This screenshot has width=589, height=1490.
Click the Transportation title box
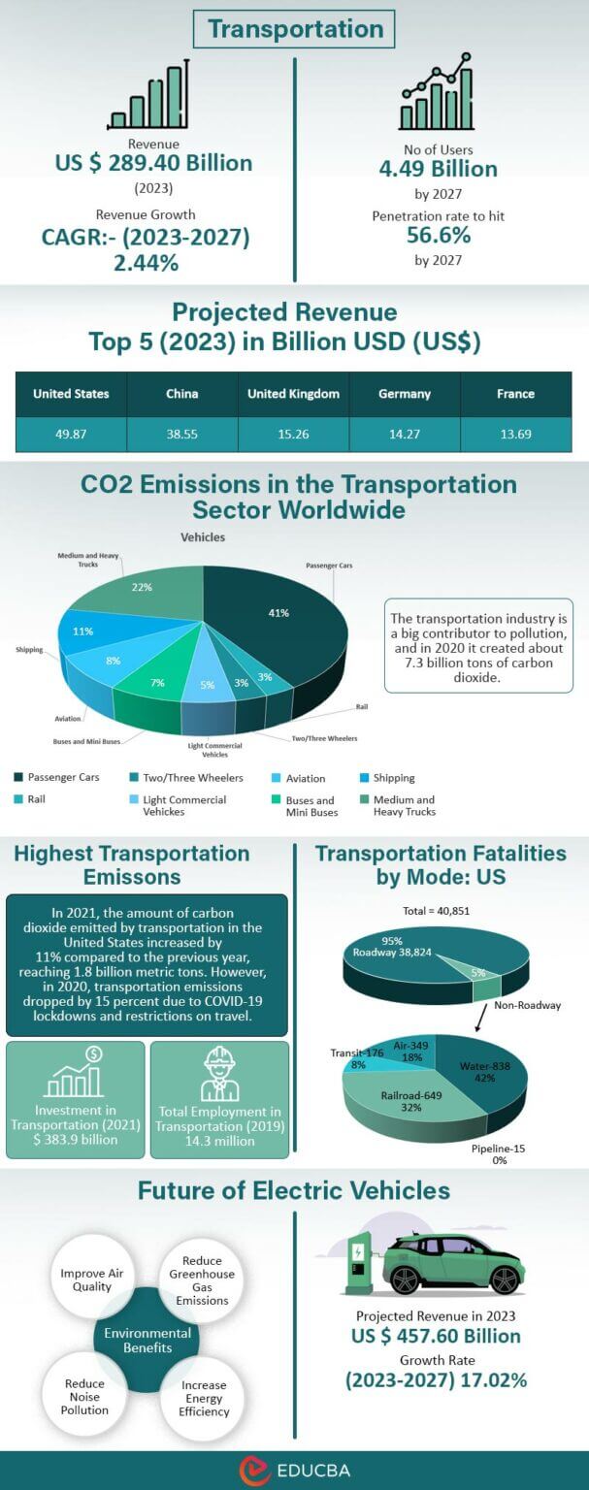pos(295,29)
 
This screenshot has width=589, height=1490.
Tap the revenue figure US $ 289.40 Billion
pos(153,163)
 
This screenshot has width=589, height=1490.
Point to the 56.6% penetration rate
pos(438,236)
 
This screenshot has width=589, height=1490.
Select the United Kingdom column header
pos(293,394)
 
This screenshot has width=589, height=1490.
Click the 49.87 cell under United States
pos(71,434)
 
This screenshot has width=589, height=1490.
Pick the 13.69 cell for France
pos(515,434)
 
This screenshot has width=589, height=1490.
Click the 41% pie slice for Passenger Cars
pos(278,613)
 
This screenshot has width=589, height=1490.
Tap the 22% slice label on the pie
pos(142,588)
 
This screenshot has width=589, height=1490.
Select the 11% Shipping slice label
pos(82,632)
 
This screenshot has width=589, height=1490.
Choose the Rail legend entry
pos(36,800)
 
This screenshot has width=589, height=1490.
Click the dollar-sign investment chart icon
pos(75,1072)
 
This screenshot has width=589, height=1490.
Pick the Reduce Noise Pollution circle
pos(85,1397)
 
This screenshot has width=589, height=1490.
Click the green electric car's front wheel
pos(504,1279)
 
